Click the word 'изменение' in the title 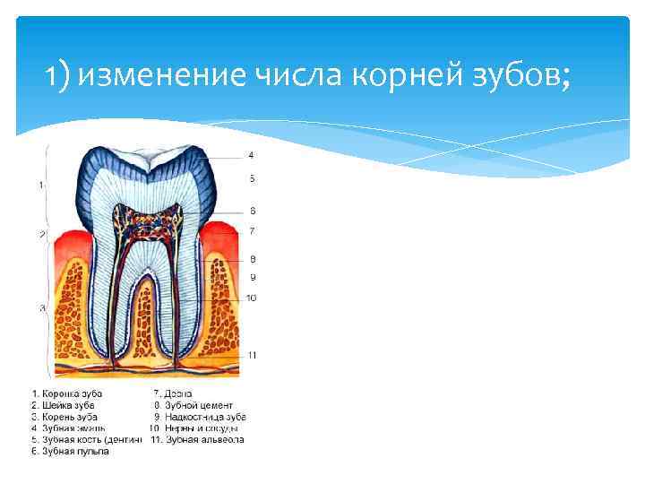pos(152,79)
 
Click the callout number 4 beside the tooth pos(251,155)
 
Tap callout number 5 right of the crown pos(252,178)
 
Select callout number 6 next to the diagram pos(252,211)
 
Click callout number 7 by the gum pos(252,231)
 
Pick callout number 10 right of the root pos(251,297)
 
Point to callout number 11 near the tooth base pos(252,355)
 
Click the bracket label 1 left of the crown pos(41,185)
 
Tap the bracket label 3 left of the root pos(41,308)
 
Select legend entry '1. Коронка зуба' pos(67,393)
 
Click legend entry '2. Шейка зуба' pos(64,405)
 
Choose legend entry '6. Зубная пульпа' pos(71,452)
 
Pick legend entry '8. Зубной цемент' pos(196,405)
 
